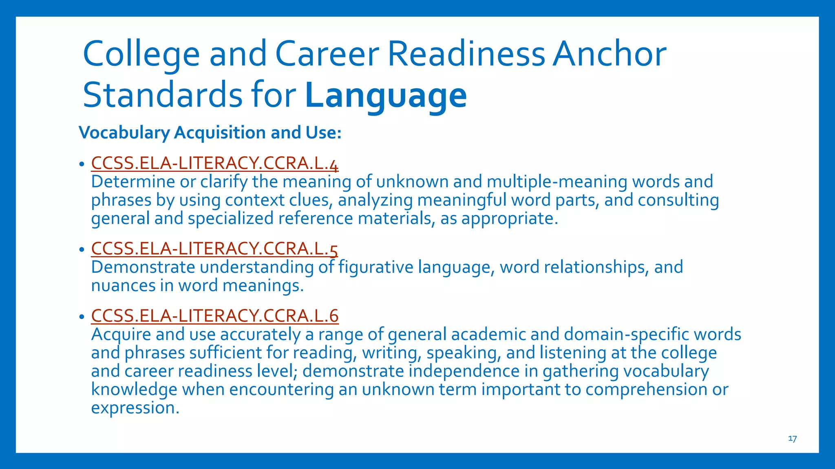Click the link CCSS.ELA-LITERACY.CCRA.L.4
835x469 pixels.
pos(214,163)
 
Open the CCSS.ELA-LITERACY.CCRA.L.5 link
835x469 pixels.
pos(214,249)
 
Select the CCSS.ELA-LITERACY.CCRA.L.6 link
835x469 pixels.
pos(214,316)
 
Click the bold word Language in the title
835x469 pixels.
pos(386,95)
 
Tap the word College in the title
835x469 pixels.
pos(141,55)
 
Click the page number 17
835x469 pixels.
pos(792,438)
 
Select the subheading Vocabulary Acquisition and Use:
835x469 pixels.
pos(210,133)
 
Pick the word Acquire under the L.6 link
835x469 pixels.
pos(121,335)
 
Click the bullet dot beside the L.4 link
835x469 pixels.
pos(82,164)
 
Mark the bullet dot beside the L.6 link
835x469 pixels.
pos(82,317)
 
